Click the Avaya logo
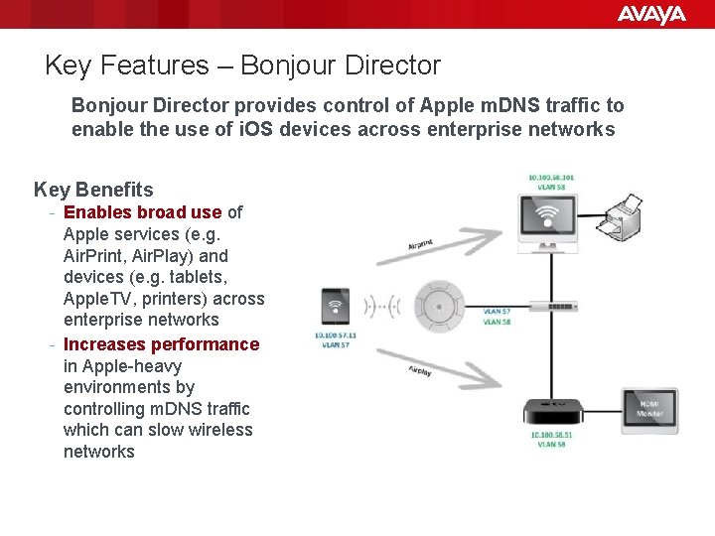tap(651, 14)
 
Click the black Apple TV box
tap(552, 412)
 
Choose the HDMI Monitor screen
tap(650, 409)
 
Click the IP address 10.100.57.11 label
tap(335, 335)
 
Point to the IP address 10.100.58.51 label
tap(550, 435)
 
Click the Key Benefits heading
tap(93, 190)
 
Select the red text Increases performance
tap(161, 344)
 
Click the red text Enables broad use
tap(142, 211)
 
